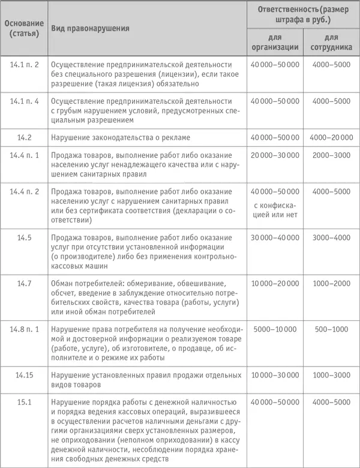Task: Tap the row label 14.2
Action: (x=25, y=137)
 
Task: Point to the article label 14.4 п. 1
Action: (x=25, y=155)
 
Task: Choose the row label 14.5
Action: (x=25, y=238)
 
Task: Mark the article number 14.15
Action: (x=25, y=375)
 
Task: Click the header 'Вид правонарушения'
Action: (x=91, y=28)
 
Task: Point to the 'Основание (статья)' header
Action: (x=25, y=28)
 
